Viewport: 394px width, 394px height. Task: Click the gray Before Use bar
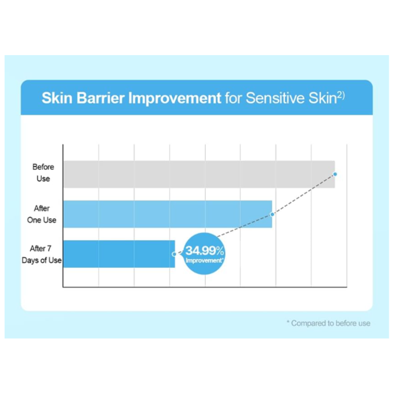[199, 174]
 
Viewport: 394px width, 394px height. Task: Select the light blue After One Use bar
[167, 214]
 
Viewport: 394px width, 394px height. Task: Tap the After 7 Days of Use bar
[119, 254]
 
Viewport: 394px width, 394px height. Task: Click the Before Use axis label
[43, 173]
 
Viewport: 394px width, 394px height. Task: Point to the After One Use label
[42, 214]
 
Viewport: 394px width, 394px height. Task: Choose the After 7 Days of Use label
[41, 254]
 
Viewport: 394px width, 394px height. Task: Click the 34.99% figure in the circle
[205, 251]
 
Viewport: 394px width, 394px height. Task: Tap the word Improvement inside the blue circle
[204, 260]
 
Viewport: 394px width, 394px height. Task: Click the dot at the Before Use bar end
[335, 174]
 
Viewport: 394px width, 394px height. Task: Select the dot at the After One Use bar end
[272, 214]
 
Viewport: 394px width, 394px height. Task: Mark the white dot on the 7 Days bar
[174, 254]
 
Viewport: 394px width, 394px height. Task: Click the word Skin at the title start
[57, 97]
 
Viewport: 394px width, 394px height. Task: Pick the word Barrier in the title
[100, 97]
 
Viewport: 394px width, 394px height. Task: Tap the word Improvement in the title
[175, 98]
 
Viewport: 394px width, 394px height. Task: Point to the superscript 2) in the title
[341, 95]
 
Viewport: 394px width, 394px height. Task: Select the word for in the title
[233, 97]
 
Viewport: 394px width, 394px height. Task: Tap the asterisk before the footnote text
[288, 321]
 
